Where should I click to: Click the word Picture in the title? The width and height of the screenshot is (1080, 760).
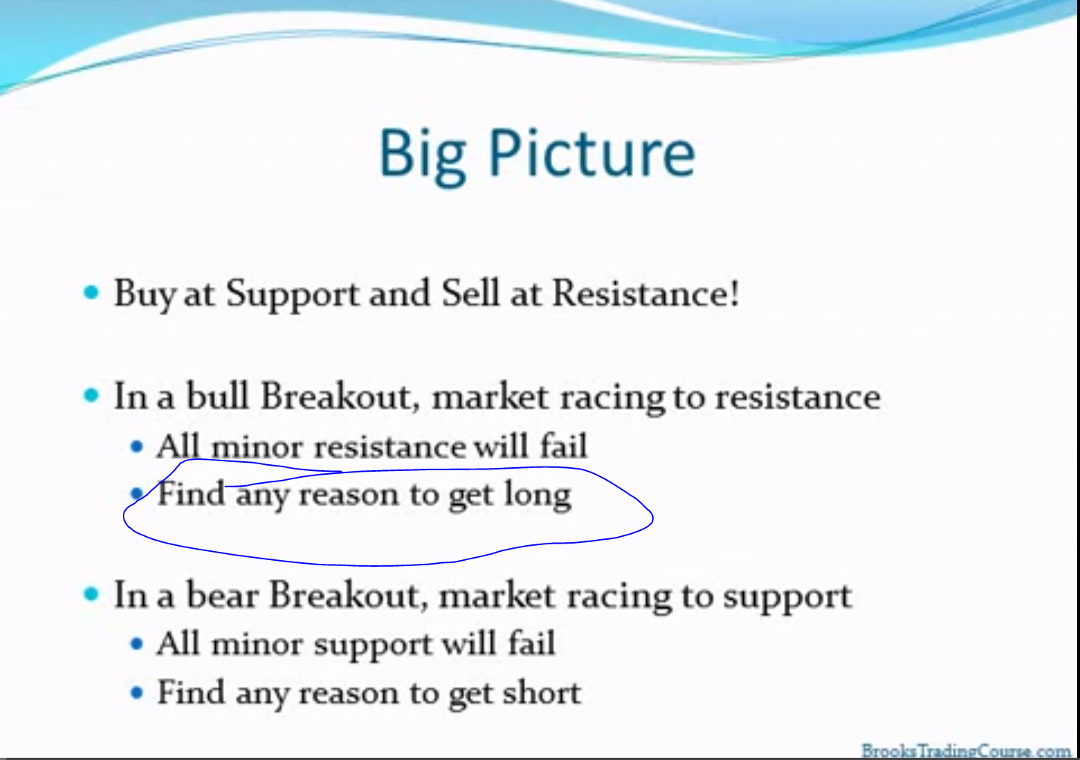point(592,153)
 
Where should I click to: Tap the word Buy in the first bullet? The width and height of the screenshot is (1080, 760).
point(145,294)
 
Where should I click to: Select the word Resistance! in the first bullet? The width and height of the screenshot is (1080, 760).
point(646,293)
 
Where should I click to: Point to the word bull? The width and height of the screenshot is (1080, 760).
point(217,396)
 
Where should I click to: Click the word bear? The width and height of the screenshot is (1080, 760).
point(222,596)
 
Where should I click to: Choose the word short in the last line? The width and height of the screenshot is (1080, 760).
point(542,693)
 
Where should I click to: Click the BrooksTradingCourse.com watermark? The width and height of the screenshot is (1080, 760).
point(965,751)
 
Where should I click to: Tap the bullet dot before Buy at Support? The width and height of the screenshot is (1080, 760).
point(91,292)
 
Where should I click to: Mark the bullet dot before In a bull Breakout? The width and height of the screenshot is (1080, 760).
point(91,395)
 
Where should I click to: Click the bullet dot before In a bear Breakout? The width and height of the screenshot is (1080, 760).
point(91,595)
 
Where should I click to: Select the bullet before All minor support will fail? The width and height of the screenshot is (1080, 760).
point(137,644)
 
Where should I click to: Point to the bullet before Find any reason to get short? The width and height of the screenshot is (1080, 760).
point(137,693)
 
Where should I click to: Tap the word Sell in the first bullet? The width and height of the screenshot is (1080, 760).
point(470,293)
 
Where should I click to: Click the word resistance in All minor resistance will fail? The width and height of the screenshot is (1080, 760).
point(390,447)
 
